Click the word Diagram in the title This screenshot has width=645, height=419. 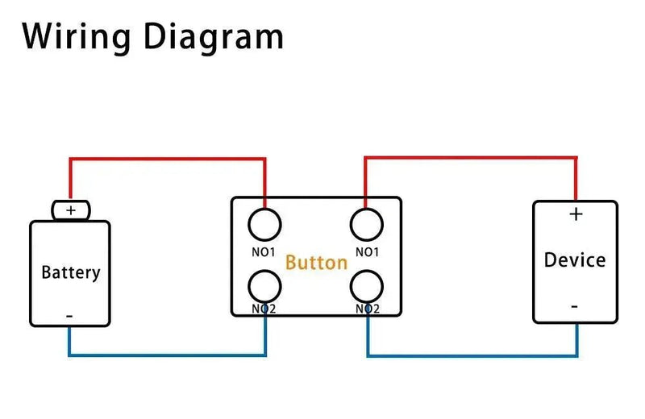coord(214,37)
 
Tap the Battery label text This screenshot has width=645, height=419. coord(71,272)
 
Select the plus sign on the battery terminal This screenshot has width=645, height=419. coord(71,210)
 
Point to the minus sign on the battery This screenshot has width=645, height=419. coord(69,317)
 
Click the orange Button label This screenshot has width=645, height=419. coord(316,262)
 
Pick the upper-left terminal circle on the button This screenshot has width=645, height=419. coord(265,222)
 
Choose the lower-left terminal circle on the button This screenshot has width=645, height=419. coord(265,286)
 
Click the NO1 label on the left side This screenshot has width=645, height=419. coord(264,251)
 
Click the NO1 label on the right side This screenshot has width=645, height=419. coord(367,251)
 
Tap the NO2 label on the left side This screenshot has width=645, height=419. coord(264,309)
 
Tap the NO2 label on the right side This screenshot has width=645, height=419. coord(367,309)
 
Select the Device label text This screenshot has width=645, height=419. coord(574,260)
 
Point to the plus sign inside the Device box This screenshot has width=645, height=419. coord(576,214)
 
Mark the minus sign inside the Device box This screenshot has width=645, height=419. coord(574,306)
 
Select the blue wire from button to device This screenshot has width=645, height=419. coord(472,355)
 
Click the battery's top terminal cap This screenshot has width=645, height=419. coord(71,210)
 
